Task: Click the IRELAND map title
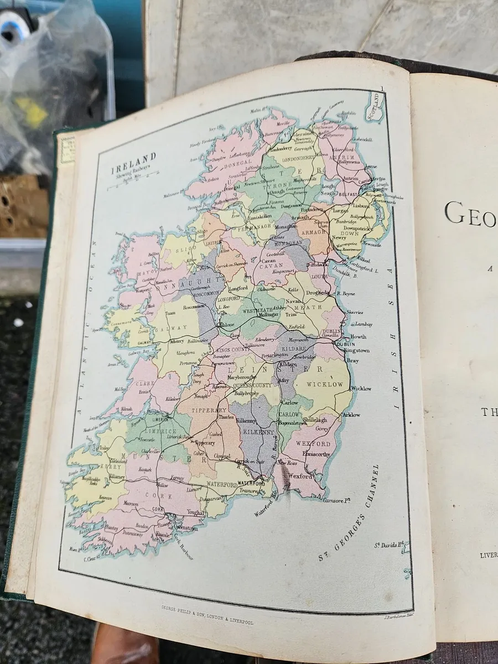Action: click(x=134, y=159)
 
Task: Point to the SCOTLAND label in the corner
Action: click(x=377, y=105)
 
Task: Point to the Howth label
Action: click(x=358, y=336)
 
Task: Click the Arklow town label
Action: click(x=351, y=414)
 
